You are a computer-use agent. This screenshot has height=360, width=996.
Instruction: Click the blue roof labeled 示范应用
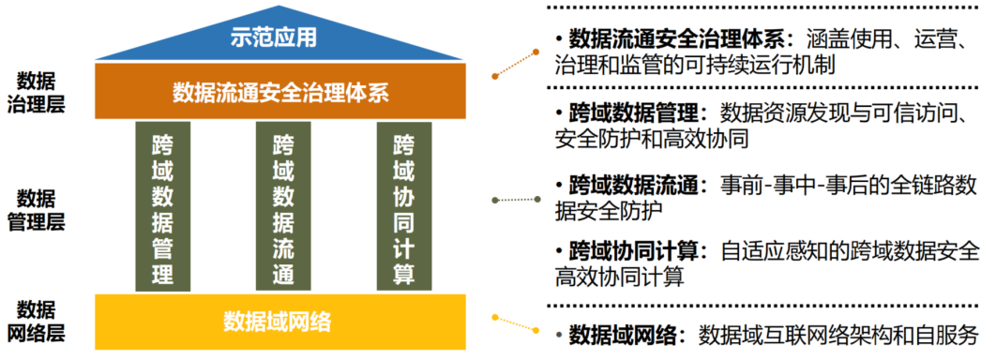coord(279,39)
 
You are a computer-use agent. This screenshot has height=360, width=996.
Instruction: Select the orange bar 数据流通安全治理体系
coord(280,91)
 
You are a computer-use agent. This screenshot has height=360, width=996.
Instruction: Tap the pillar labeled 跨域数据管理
coord(162,206)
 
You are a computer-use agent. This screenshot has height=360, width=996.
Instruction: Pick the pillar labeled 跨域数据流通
coord(283,206)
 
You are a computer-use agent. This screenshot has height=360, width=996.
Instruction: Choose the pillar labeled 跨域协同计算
coord(404,206)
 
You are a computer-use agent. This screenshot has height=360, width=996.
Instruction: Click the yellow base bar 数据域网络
coord(280,322)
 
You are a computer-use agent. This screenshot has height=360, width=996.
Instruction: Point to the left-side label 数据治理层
coord(36,93)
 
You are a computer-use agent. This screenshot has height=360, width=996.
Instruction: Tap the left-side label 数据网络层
coord(36,322)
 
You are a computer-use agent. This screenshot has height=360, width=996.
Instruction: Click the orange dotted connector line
coord(516,64)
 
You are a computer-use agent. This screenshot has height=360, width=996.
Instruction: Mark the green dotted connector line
coord(516,200)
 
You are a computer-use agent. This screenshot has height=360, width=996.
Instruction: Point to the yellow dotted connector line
coord(516,323)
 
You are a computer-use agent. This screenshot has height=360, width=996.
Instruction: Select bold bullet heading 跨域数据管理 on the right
coord(639,114)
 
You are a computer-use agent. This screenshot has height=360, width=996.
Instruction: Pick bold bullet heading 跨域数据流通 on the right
coord(639,186)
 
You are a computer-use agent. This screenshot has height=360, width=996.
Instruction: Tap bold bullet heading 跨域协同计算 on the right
coord(639,251)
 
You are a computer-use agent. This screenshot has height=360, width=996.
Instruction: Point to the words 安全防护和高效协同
coord(652,139)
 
